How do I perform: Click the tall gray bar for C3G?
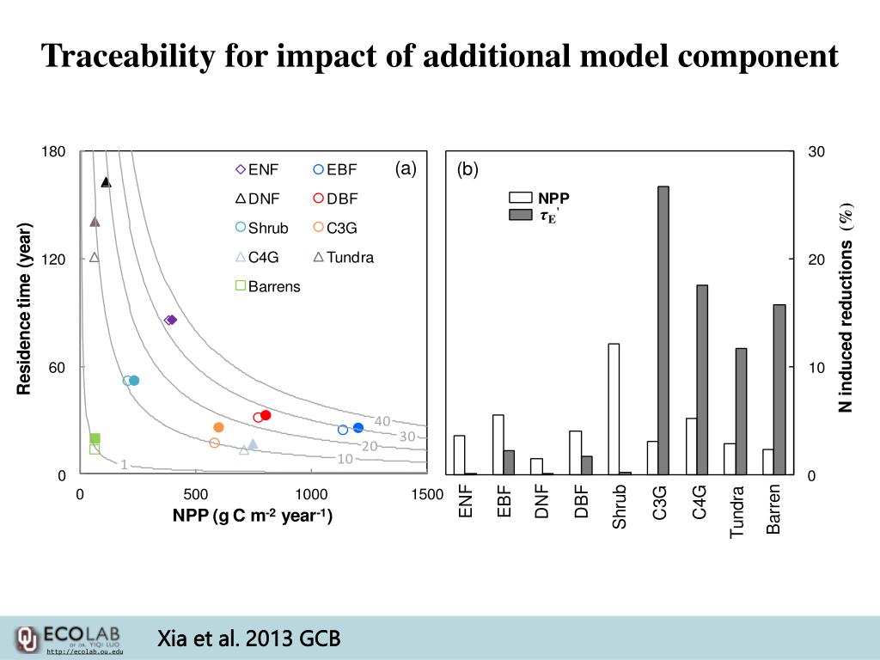tap(663, 330)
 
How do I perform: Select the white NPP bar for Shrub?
tap(614, 408)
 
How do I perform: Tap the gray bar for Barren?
tap(779, 388)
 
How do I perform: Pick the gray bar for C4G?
tap(702, 379)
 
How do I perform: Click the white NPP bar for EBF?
tap(498, 444)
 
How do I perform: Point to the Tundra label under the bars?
tap(736, 512)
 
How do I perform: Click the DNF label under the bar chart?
tap(542, 500)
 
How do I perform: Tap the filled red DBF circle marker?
tap(266, 415)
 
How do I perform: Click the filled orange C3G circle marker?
tap(218, 427)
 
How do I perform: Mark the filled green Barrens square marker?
tap(95, 438)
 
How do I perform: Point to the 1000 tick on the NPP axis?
tap(311, 494)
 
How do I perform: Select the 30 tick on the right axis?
tap(816, 152)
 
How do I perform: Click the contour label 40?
tap(382, 420)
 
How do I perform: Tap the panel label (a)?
tap(406, 168)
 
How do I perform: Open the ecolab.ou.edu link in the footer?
tap(84, 652)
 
